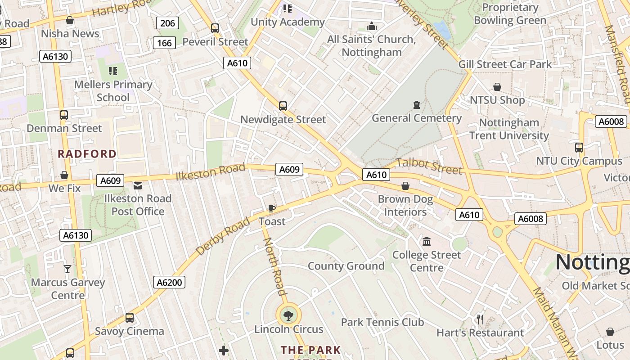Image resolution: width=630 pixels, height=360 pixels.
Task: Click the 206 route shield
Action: click(x=167, y=23)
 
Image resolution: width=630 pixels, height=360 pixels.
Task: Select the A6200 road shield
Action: click(x=169, y=282)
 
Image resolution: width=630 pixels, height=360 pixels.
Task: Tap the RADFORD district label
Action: click(x=87, y=154)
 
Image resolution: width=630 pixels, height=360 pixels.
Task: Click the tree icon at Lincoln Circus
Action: click(x=288, y=315)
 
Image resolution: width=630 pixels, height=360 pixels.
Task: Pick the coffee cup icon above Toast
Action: click(x=271, y=208)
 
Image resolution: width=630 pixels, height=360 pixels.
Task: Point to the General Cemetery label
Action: click(x=417, y=118)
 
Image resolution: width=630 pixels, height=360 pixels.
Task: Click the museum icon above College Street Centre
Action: click(x=427, y=242)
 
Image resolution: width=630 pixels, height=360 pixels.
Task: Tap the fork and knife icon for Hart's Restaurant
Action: click(x=480, y=319)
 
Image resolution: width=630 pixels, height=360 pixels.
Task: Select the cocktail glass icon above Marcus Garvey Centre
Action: click(x=67, y=269)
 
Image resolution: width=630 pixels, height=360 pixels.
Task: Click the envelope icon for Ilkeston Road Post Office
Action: click(x=138, y=185)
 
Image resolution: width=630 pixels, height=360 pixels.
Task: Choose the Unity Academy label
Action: click(x=288, y=22)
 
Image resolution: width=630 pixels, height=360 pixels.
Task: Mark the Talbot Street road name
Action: click(x=429, y=166)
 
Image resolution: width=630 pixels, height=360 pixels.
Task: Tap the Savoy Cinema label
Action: click(x=129, y=331)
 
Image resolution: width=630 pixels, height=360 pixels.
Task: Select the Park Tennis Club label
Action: click(x=382, y=322)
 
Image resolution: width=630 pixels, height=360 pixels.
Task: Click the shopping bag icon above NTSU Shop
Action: click(x=497, y=87)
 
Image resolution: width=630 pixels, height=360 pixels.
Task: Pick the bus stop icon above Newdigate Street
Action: click(x=283, y=106)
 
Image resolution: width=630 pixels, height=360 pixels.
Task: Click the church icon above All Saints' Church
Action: click(x=372, y=27)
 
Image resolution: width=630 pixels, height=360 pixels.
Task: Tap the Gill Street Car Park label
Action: click(x=505, y=64)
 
